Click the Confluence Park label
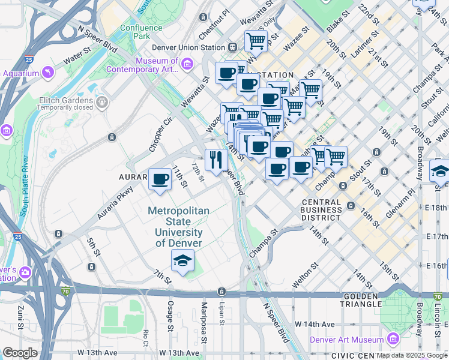point(141,32)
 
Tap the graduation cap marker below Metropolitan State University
point(182,261)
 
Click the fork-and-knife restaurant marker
point(215,160)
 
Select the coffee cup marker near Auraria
point(159,179)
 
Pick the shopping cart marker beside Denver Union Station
point(256,41)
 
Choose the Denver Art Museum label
point(346,340)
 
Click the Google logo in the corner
point(20,353)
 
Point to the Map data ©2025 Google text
point(412,355)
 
